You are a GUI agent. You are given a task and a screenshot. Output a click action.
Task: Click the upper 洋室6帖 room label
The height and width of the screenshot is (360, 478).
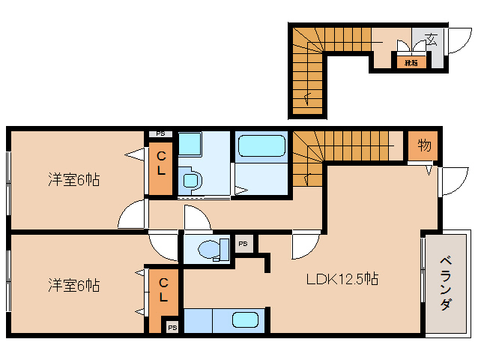(74, 180)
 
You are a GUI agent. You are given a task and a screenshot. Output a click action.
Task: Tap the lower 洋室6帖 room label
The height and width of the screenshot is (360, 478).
(74, 286)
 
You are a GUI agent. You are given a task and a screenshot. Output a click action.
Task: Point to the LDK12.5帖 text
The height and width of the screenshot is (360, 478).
(342, 280)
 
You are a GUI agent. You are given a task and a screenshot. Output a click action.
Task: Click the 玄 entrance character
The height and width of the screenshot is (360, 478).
(432, 40)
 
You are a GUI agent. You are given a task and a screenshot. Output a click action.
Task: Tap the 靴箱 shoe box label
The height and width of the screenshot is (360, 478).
(411, 63)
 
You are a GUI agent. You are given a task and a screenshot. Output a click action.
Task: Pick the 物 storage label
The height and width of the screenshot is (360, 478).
(424, 146)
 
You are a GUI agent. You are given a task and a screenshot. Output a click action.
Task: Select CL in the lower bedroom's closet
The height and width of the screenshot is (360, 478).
(164, 289)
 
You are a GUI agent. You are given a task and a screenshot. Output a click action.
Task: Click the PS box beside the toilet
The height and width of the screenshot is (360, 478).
(243, 244)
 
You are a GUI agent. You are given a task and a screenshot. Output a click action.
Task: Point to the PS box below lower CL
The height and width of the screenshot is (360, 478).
(172, 327)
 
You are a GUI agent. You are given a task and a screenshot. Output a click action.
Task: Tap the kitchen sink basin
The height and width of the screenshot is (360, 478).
(245, 320)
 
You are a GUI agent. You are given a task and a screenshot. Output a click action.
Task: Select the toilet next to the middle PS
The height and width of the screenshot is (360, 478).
(214, 248)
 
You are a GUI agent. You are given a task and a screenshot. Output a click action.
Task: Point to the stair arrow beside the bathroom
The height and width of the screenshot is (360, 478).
(307, 178)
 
